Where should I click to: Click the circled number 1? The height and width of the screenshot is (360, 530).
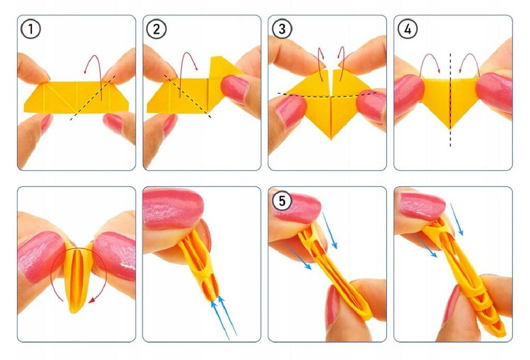point(31,29)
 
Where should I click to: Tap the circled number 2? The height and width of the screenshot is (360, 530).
point(156,29)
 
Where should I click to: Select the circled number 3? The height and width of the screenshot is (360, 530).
point(282,29)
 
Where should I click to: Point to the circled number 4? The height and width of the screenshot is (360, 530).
point(408,29)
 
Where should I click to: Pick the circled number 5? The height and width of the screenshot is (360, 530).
point(282,201)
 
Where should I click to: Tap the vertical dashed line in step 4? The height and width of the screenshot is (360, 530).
point(450,100)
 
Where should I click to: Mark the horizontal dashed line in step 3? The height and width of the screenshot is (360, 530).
point(327,96)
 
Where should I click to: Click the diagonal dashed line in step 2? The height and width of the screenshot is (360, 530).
point(187,96)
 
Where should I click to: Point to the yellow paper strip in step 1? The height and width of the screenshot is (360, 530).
point(76,97)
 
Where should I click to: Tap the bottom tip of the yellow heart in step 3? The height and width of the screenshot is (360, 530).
point(331,139)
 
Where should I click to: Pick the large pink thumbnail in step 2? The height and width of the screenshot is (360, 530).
point(234,89)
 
